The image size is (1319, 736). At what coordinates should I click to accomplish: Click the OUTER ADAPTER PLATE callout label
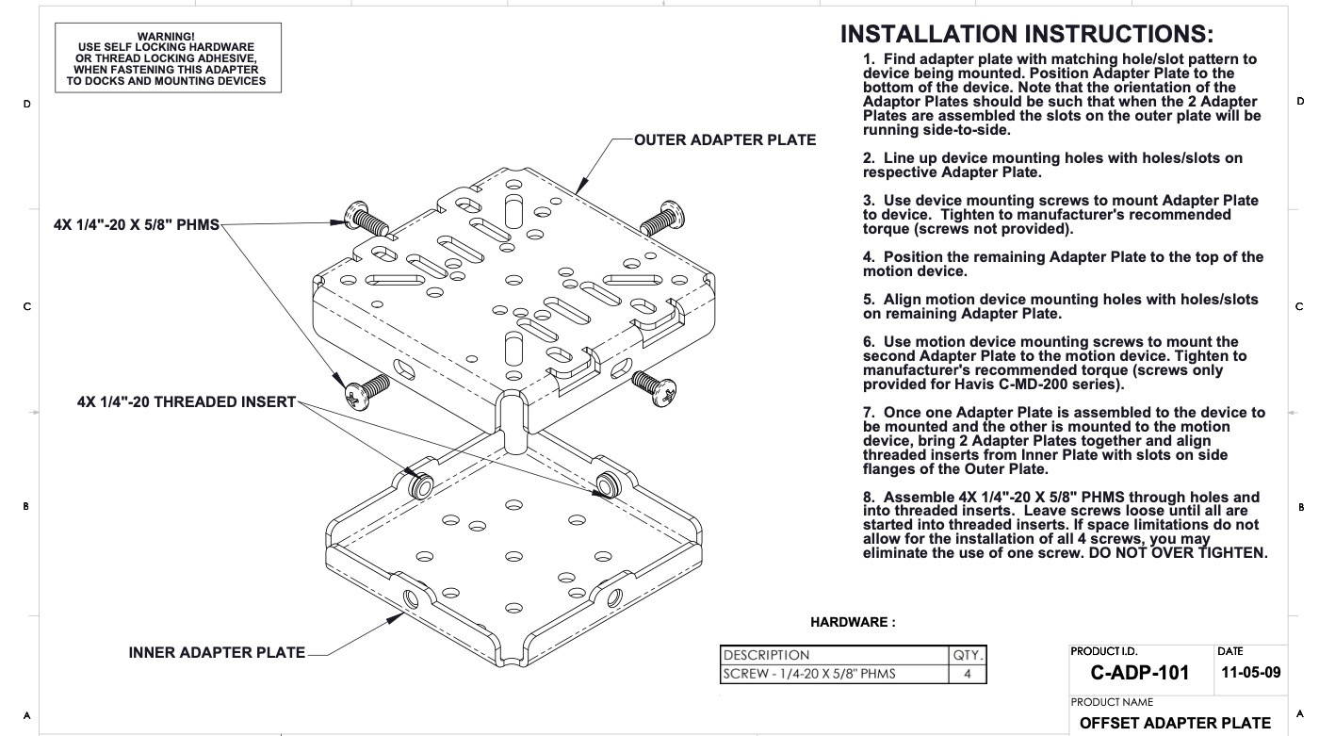pos(725,140)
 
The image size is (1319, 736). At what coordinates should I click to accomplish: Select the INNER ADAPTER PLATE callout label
pos(217,652)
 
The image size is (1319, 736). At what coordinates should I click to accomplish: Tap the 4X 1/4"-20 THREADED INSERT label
pos(187,402)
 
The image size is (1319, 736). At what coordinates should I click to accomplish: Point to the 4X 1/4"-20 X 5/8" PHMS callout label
pos(136,225)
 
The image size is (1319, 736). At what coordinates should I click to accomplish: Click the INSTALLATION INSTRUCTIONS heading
pos(1026,35)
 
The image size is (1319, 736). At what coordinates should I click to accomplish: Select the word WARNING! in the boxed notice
pos(166,37)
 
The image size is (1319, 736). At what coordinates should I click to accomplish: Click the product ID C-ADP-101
pos(1139,673)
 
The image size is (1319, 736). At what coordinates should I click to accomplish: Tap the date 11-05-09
pos(1250,673)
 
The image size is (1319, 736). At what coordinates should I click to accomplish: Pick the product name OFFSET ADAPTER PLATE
pos(1175,723)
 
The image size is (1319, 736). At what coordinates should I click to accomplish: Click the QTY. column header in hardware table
pos(968,655)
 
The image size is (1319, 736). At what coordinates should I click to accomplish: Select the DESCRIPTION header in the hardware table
pos(766,655)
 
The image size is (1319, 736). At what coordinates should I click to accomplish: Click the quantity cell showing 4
pos(967,674)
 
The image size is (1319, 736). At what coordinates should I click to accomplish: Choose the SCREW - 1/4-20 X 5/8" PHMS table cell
pos(809,674)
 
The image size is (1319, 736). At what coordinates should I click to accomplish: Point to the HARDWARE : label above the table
pos(853,622)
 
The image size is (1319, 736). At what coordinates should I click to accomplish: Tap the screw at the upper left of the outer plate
pos(366,219)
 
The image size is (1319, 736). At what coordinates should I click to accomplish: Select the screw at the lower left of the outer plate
pos(364,391)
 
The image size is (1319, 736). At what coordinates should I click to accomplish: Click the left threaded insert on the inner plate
pos(420,484)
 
